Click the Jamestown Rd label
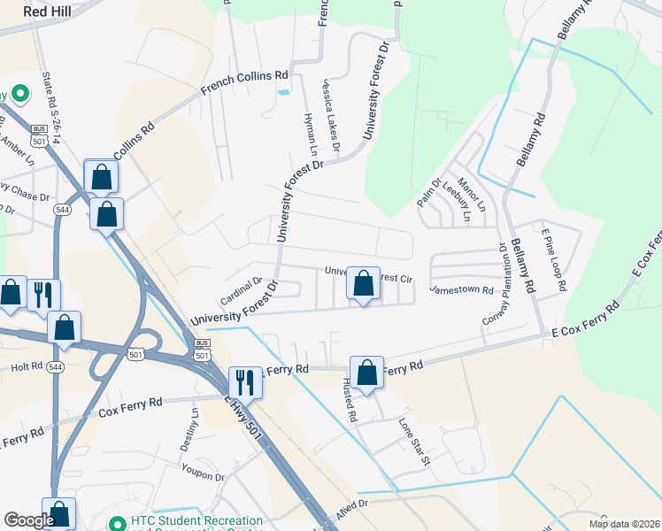click(461, 289)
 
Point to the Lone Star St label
click(413, 442)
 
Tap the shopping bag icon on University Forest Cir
click(363, 284)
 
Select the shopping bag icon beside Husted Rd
click(366, 373)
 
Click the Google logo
click(28, 520)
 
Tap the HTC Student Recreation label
click(196, 520)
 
